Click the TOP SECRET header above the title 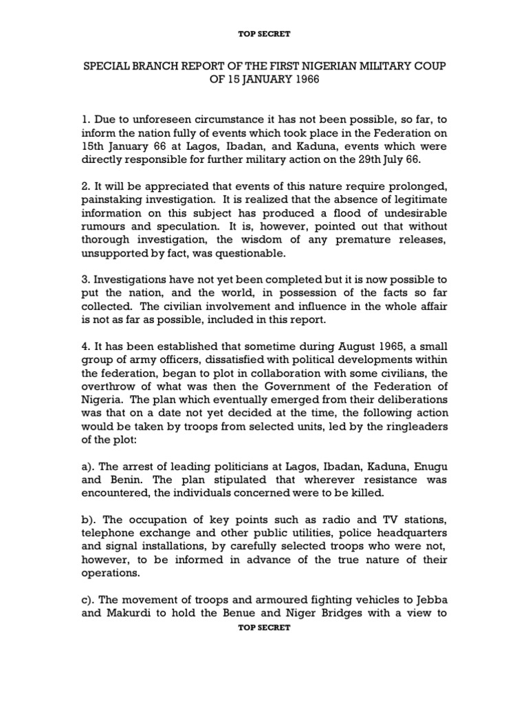coord(265,32)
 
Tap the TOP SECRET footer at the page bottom coord(265,628)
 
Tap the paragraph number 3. coord(87,280)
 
